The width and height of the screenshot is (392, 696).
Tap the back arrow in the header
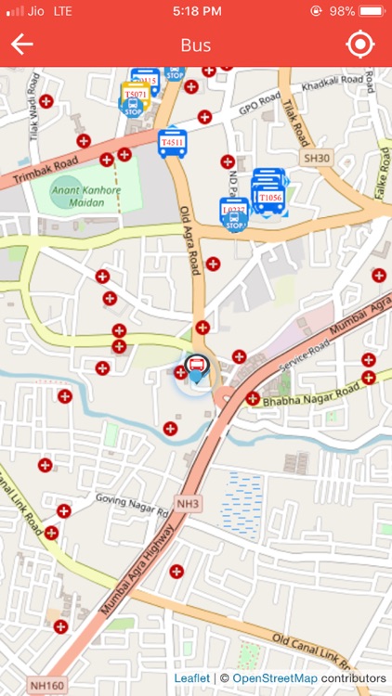[22, 45]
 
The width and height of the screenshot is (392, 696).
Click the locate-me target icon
[359, 45]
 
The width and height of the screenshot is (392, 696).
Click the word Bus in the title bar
[196, 45]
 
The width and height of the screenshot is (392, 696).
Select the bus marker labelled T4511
[173, 143]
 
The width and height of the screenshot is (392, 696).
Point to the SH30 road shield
[318, 159]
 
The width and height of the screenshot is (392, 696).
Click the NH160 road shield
[45, 684]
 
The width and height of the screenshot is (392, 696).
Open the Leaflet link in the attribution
[191, 679]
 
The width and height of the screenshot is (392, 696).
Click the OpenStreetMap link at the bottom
[274, 679]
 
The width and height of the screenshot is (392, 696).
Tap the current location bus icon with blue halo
[196, 368]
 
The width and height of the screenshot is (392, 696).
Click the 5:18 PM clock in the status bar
[197, 12]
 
